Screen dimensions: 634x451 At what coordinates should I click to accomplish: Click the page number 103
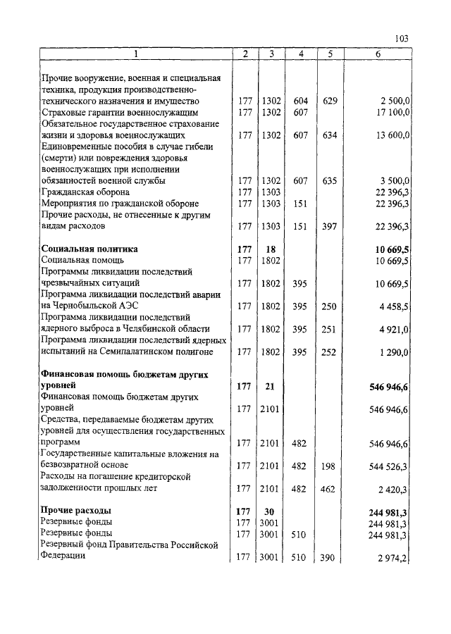coord(402,39)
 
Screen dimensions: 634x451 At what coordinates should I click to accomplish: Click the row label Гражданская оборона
coord(85,192)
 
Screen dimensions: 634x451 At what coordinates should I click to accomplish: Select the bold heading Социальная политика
coord(89,249)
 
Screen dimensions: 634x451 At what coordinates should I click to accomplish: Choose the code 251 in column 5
coord(328,328)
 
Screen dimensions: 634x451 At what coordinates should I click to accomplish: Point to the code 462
coord(328,487)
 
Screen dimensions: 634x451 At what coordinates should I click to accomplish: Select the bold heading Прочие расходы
coord(76,510)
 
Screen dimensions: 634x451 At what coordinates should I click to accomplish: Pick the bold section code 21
coord(271,385)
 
